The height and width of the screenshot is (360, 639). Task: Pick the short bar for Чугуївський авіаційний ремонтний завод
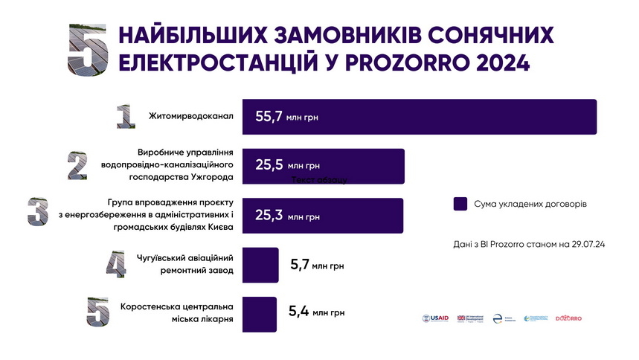pos(260,265)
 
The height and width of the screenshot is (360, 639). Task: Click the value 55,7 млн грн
pos(286,117)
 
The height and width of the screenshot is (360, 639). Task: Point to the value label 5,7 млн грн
pos(316,265)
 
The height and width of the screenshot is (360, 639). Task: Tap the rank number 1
pos(123,116)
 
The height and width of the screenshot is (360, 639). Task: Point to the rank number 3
pos(38,212)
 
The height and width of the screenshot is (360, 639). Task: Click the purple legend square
pos(460,203)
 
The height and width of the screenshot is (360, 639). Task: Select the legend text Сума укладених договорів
pos(530,203)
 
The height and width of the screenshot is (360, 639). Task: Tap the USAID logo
pos(435,318)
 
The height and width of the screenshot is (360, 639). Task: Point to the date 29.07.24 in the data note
pos(585,243)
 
